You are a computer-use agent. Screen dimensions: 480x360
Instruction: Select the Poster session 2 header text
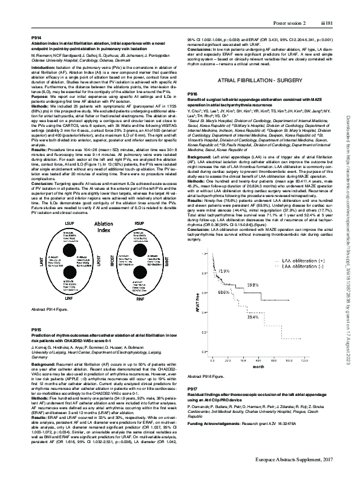[x=290, y=5]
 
